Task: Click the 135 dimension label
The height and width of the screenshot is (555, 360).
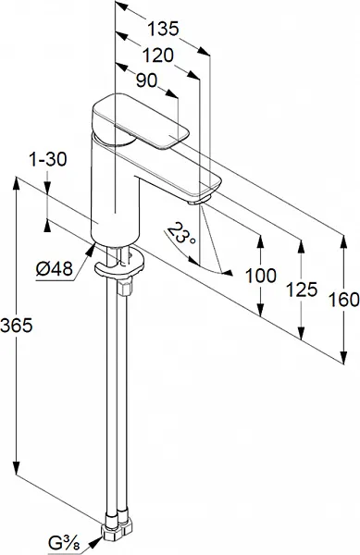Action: point(163,29)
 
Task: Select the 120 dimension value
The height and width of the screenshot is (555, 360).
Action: point(158,55)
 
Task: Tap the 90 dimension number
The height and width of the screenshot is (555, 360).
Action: point(146,80)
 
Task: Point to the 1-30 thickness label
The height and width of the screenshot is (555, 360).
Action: point(47,160)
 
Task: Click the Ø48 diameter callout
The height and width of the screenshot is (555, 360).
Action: point(55,269)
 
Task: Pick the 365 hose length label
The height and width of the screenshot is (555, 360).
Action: point(17,325)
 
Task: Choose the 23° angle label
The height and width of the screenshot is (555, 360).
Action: point(180,234)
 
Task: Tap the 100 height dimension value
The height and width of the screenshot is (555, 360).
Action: point(261,276)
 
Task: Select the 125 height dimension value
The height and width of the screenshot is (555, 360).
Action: point(302,290)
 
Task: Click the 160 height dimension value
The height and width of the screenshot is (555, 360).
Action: point(343,300)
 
